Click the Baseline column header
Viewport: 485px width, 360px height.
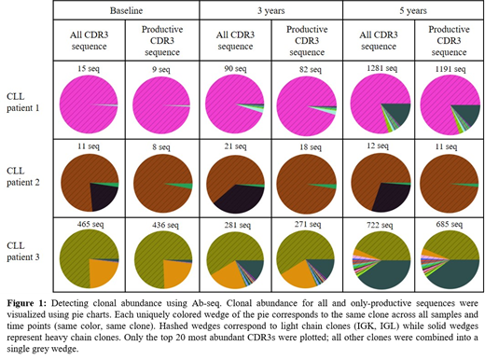coord(126,9)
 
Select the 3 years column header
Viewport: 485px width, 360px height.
coord(271,9)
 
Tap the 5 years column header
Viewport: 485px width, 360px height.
coord(415,9)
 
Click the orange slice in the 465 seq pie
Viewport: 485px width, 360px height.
coord(104,272)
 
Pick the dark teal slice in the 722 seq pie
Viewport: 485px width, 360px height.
coord(387,272)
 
